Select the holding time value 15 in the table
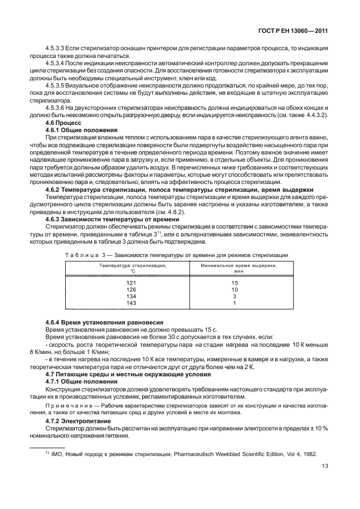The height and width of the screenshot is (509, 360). [235, 283]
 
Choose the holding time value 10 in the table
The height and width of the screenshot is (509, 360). [235, 290]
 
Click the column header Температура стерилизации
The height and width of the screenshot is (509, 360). [132, 266]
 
